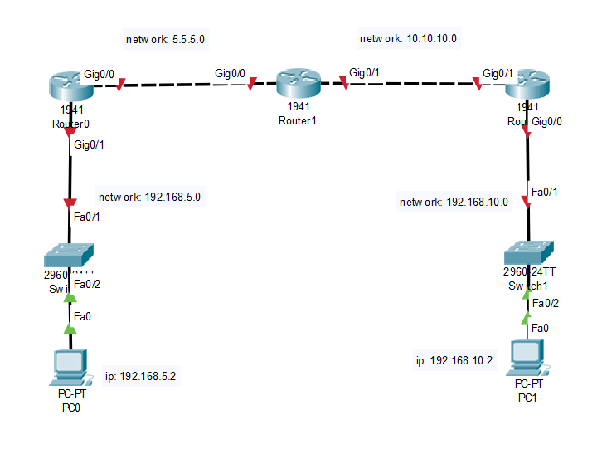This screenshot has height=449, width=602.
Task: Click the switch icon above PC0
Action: tap(70, 254)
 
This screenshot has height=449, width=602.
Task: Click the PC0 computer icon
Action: tap(70, 366)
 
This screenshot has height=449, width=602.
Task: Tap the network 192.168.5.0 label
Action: tap(149, 198)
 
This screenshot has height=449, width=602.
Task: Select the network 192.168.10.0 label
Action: tap(454, 202)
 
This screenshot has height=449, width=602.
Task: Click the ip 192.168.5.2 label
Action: tap(141, 376)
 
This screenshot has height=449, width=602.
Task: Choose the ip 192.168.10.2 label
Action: tap(454, 360)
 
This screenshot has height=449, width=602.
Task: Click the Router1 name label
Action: tap(298, 120)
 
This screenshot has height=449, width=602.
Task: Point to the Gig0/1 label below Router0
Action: tap(89, 145)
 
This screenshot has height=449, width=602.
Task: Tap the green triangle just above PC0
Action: tap(70, 329)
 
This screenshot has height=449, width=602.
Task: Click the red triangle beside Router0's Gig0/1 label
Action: tap(70, 131)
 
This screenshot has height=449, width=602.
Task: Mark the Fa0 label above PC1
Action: tap(539, 328)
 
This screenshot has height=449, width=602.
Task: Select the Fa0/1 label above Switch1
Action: tap(544, 192)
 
